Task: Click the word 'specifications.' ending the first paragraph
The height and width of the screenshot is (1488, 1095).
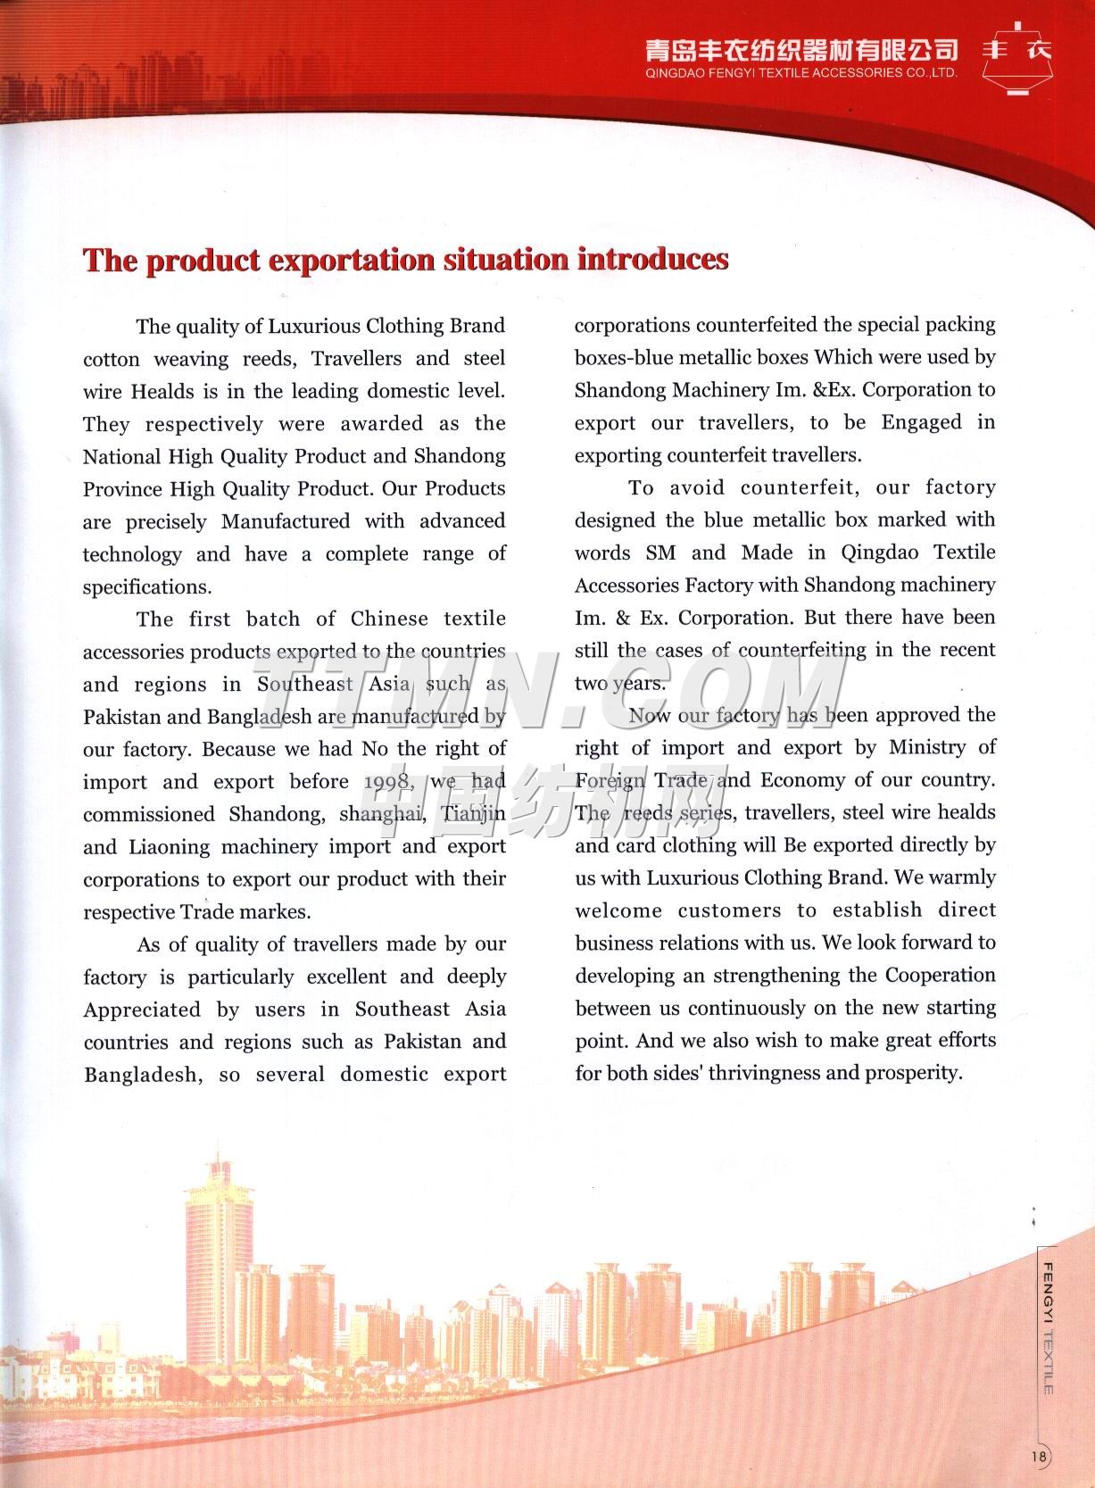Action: [x=147, y=586]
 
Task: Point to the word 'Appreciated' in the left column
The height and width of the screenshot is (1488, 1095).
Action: [x=142, y=1010]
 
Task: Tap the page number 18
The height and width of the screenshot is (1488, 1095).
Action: [x=1038, y=1456]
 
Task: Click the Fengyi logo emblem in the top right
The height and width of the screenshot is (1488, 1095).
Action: [x=1017, y=55]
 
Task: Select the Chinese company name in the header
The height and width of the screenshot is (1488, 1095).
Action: [x=801, y=49]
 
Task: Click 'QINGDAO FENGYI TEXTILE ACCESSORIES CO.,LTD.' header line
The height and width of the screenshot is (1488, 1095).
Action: [x=801, y=72]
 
